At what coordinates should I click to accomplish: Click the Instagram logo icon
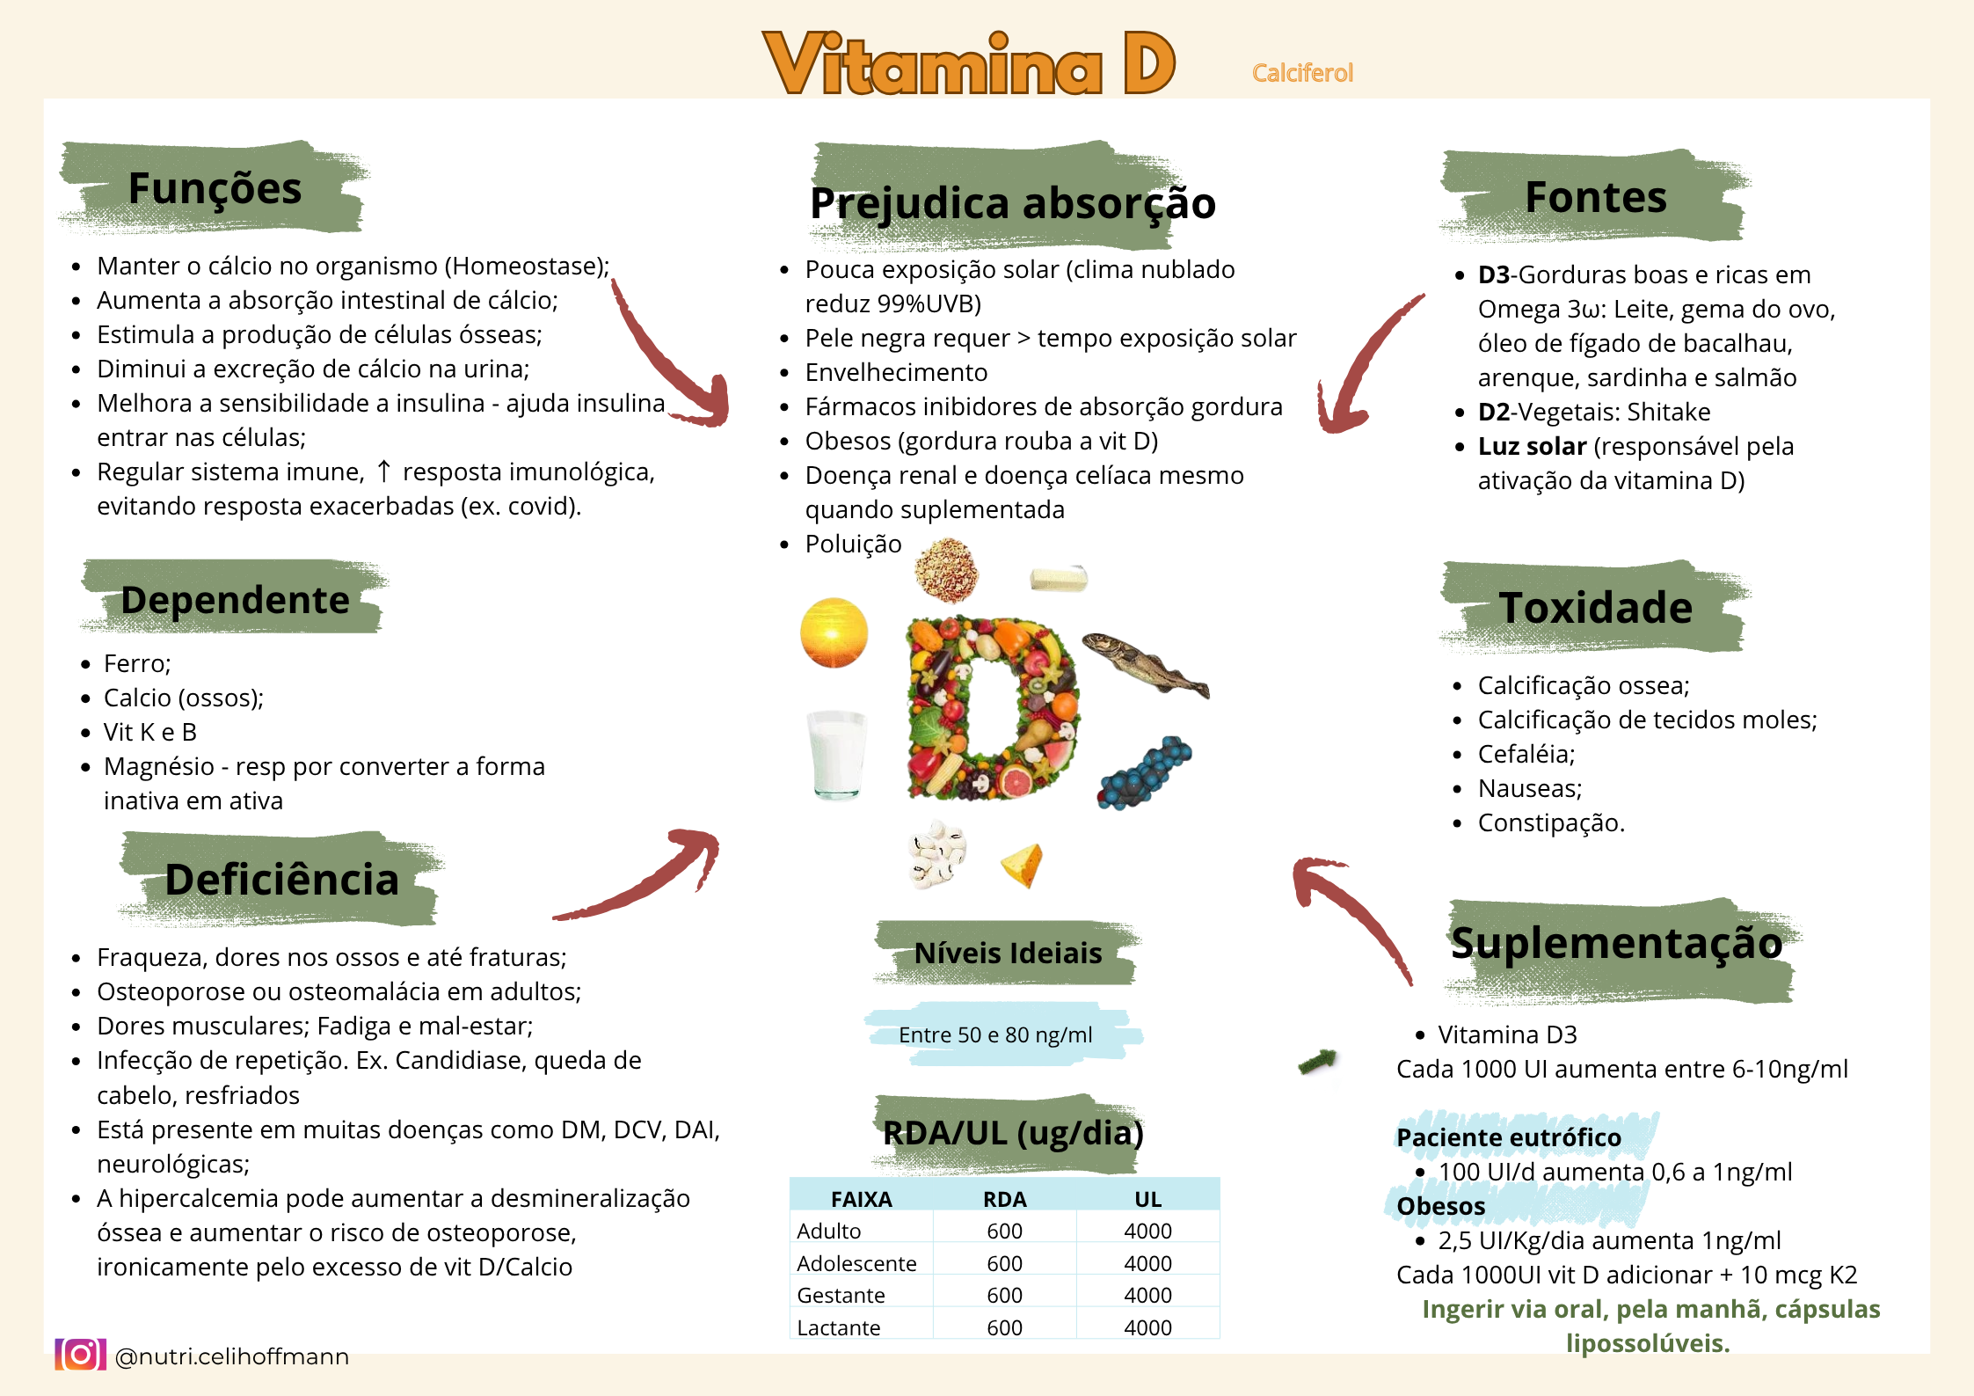tap(80, 1355)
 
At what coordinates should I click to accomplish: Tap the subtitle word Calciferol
tap(1302, 73)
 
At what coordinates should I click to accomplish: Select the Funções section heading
tap(215, 188)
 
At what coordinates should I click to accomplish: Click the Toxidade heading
tap(1595, 608)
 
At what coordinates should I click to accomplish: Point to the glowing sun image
tap(834, 632)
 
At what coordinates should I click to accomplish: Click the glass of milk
tap(836, 755)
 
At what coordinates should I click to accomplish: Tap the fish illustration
tap(1146, 666)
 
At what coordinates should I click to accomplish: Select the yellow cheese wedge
tap(1023, 865)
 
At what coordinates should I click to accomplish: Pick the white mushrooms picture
tap(936, 853)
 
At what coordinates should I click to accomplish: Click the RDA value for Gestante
tap(1004, 1295)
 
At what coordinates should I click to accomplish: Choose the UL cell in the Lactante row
tap(1147, 1327)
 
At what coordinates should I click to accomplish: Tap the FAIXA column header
tap(862, 1199)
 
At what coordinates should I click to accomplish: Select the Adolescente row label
tap(856, 1263)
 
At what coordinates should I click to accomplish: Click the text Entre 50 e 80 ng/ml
tap(995, 1034)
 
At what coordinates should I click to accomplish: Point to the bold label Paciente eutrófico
tap(1509, 1137)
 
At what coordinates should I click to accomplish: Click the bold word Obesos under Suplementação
tap(1441, 1206)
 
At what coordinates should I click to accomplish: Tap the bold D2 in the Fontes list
tap(1493, 412)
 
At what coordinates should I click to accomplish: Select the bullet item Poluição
tap(853, 544)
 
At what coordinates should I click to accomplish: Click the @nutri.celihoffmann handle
tap(232, 1356)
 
